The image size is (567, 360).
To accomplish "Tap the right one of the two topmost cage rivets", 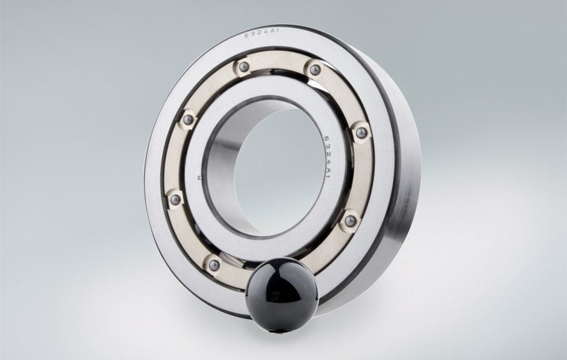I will click(315, 69).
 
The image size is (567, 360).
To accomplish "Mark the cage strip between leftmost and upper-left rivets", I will click(176, 159).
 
